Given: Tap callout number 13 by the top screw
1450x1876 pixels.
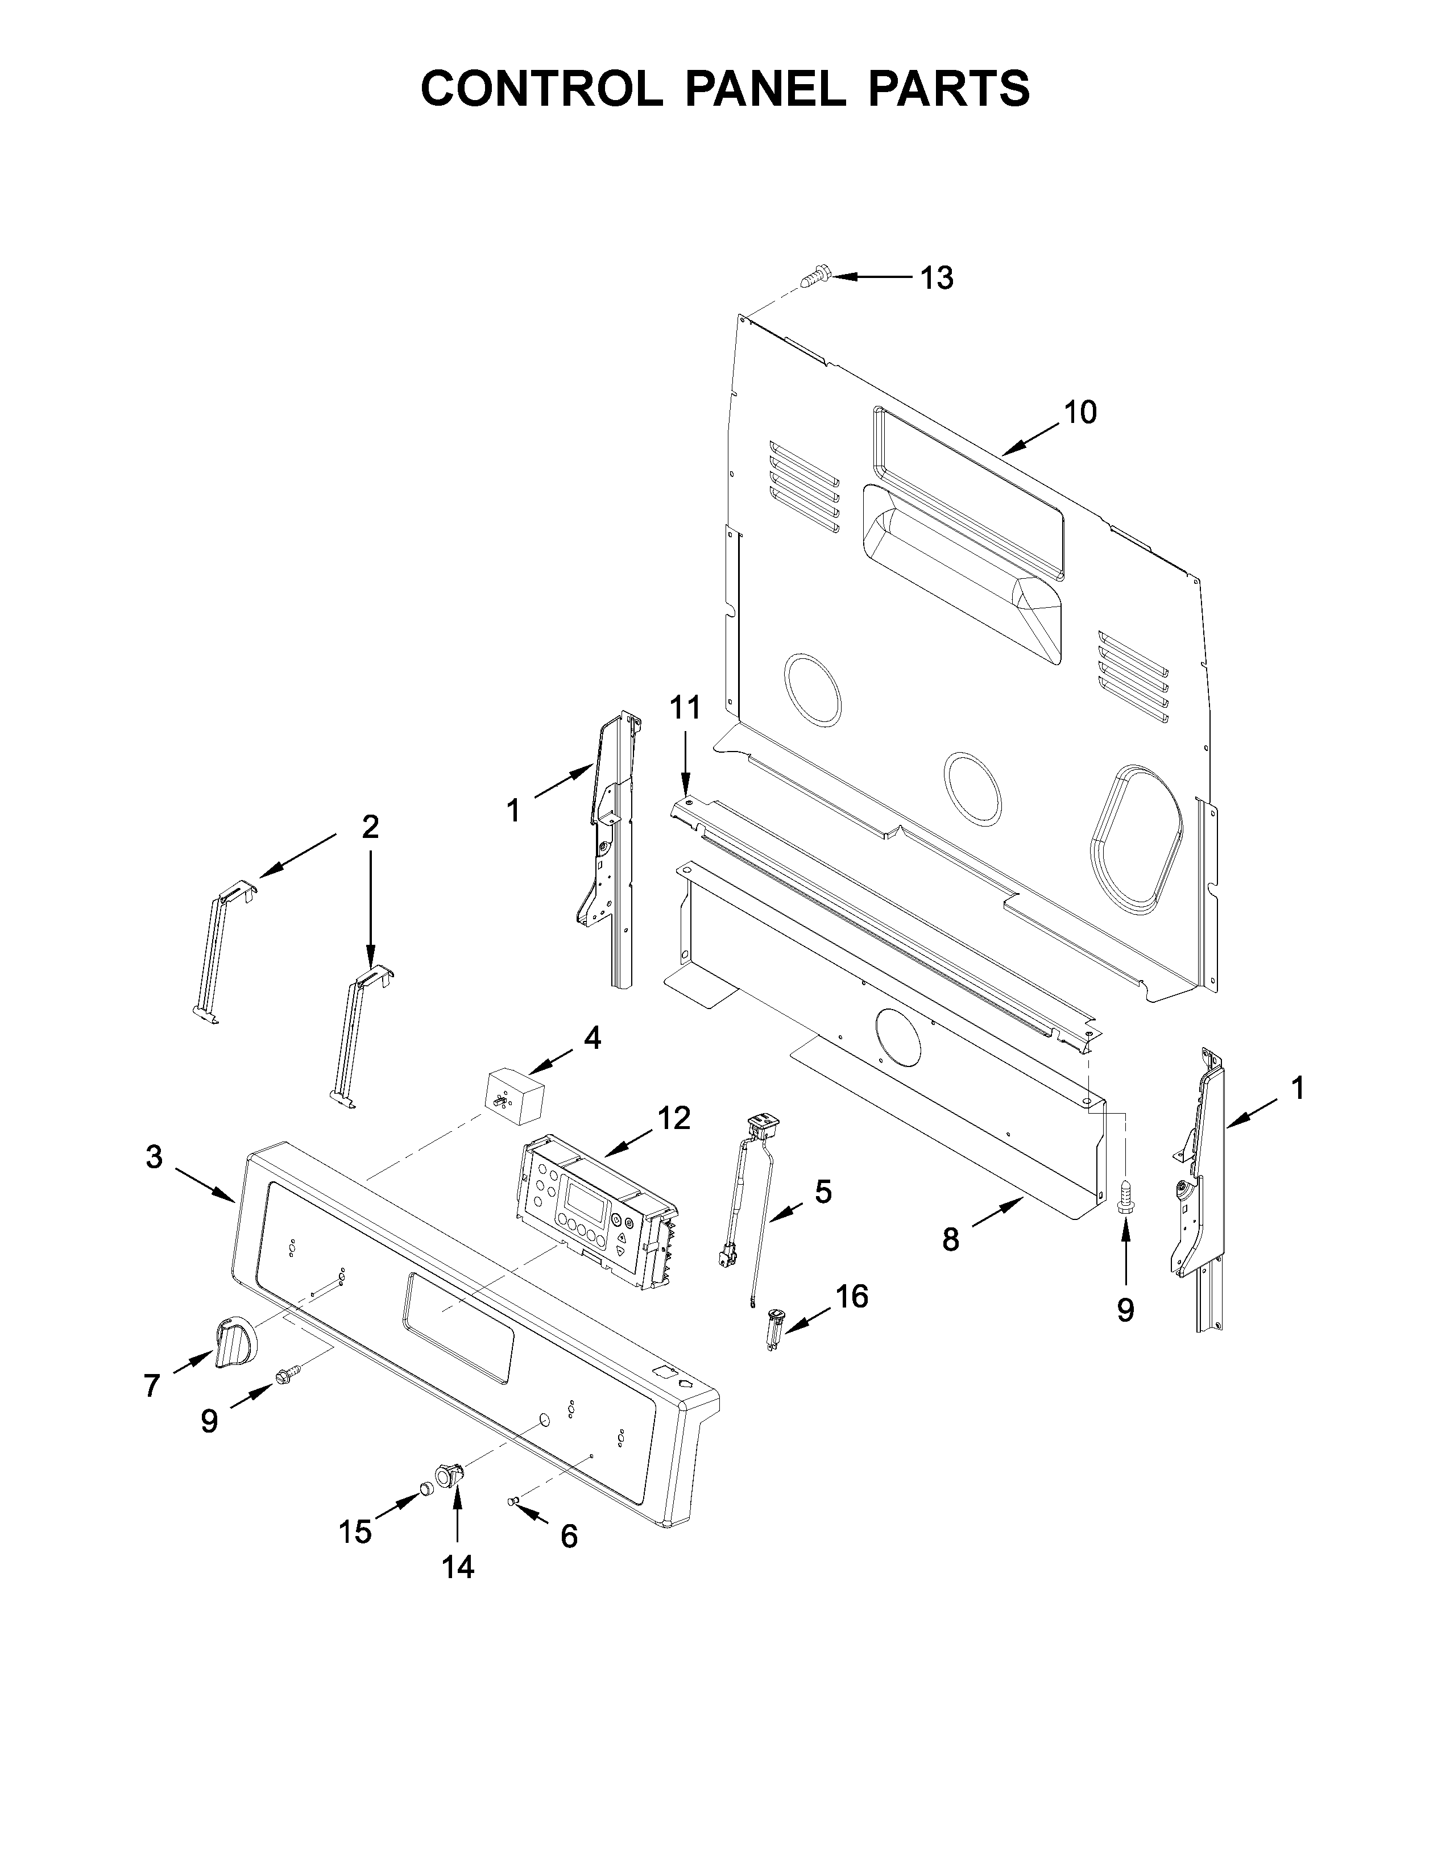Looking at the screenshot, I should pos(937,279).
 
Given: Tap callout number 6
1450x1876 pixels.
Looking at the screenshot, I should pos(569,1537).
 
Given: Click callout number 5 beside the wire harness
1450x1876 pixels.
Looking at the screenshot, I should pos(822,1192).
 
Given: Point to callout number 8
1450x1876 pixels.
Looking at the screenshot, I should pos(950,1239).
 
